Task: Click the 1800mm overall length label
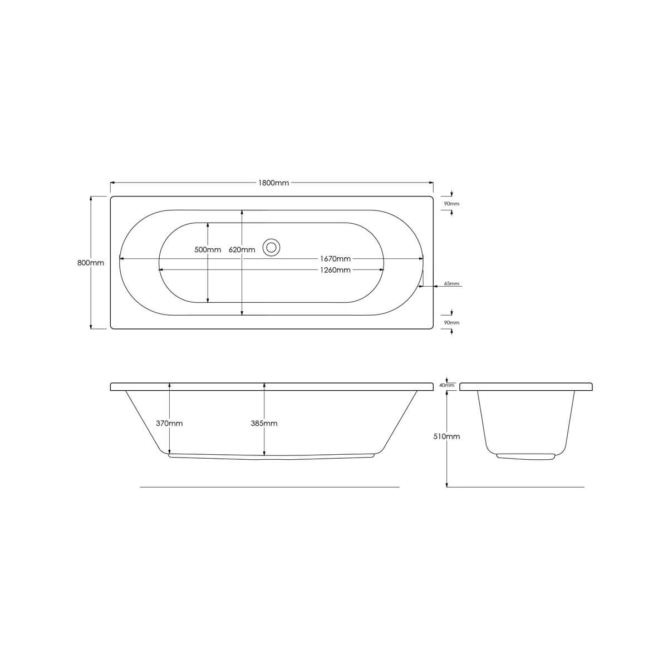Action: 273,183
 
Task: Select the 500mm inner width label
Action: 208,250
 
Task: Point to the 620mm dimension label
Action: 242,250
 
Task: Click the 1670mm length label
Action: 335,259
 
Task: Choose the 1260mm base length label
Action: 335,270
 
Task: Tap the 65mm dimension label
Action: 451,284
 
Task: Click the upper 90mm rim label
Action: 451,204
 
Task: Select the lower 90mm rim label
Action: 451,323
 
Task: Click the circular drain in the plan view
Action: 272,247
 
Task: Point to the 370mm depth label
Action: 169,424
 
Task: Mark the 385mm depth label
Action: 264,424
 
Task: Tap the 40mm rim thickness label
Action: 447,385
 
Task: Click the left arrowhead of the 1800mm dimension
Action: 112,183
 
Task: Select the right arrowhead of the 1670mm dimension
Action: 421,259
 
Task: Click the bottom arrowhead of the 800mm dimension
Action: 91,327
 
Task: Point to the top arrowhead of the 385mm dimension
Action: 264,385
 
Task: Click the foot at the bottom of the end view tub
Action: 526,456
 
